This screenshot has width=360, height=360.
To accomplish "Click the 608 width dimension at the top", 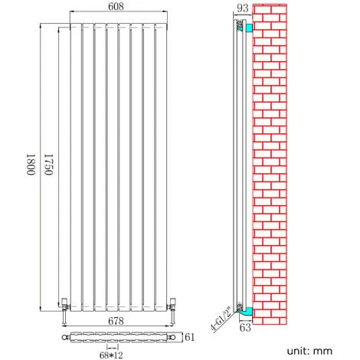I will pyautogui.click(x=117, y=7).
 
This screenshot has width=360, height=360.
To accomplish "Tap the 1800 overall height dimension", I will pyautogui.click(x=31, y=165).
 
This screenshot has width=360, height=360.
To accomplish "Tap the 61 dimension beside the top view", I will pyautogui.click(x=188, y=336).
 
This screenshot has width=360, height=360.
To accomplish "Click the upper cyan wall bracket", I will pyautogui.click(x=249, y=28).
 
